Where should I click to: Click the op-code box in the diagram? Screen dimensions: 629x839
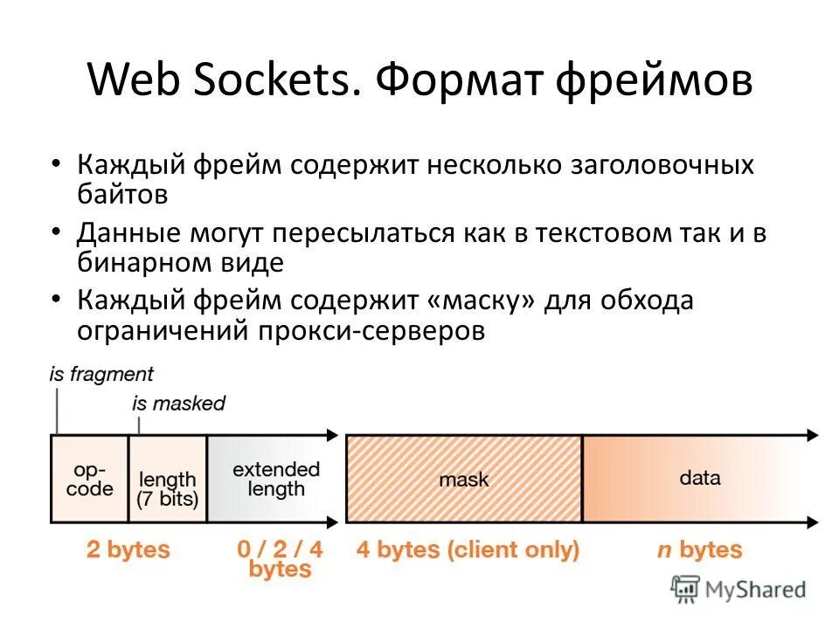[90, 479]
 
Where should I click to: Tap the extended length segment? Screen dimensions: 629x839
[275, 479]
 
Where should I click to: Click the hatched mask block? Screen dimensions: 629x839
[464, 479]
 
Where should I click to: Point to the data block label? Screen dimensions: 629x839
[699, 478]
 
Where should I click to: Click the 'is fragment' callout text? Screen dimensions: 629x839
[101, 374]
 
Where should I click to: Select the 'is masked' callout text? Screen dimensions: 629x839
[178, 404]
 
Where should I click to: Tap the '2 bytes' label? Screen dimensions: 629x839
[128, 550]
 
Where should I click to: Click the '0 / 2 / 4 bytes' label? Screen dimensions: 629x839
[280, 559]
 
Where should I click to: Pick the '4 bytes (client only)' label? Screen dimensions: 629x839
[468, 550]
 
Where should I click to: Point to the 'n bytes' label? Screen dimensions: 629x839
[699, 550]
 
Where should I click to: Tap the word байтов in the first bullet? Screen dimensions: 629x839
[121, 194]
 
